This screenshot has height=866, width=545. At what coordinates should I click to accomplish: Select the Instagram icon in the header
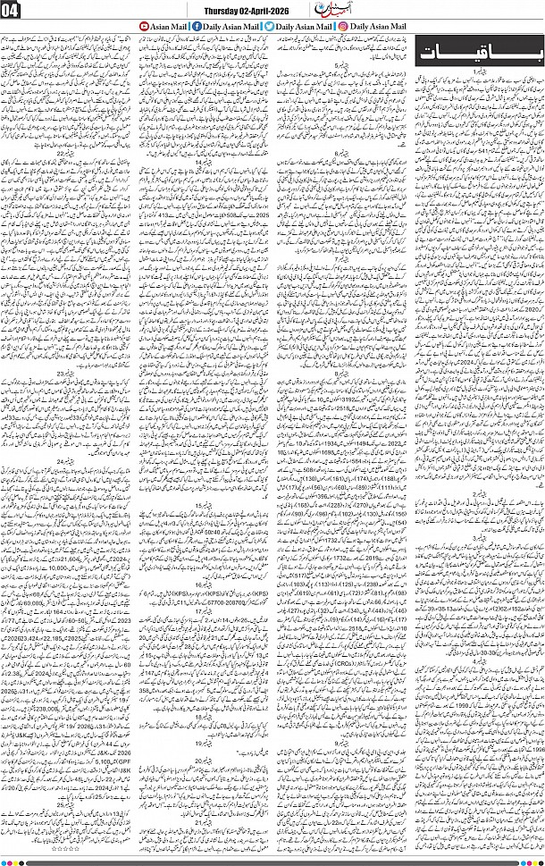(343, 28)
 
